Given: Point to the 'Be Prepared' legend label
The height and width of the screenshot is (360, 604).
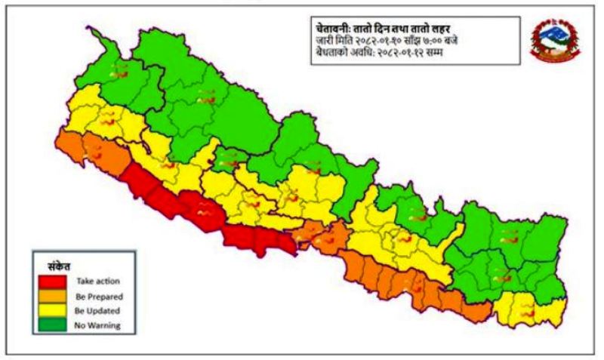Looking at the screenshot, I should pyautogui.click(x=98, y=297).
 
